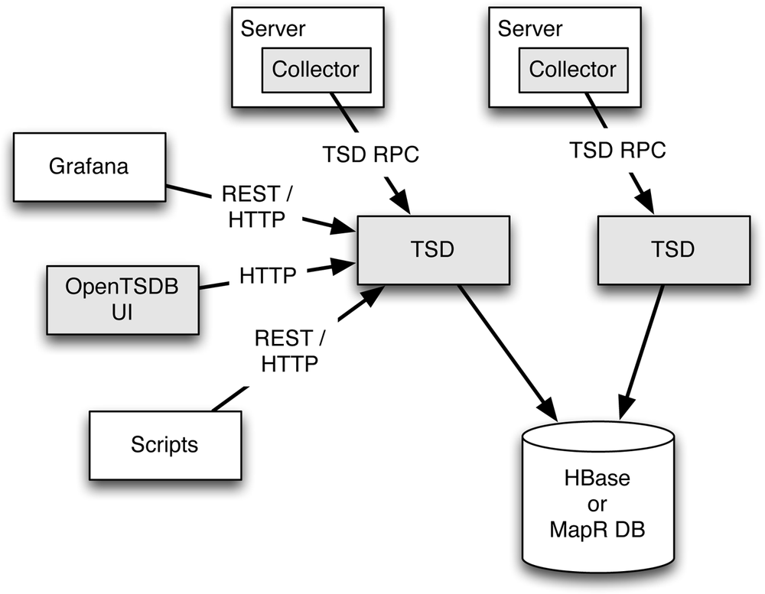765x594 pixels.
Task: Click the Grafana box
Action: (x=89, y=166)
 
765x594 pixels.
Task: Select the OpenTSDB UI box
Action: (x=122, y=300)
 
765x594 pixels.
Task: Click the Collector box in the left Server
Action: (x=315, y=70)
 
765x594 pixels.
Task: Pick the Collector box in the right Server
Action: (x=572, y=70)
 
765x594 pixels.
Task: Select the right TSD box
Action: (x=672, y=250)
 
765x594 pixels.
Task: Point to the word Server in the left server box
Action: (x=273, y=29)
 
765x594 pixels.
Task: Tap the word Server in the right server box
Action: (x=530, y=29)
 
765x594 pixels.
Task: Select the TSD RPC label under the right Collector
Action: (x=618, y=151)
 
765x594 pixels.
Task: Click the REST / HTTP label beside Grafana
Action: (x=256, y=206)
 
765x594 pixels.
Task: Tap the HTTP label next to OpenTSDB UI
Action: (x=268, y=275)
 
